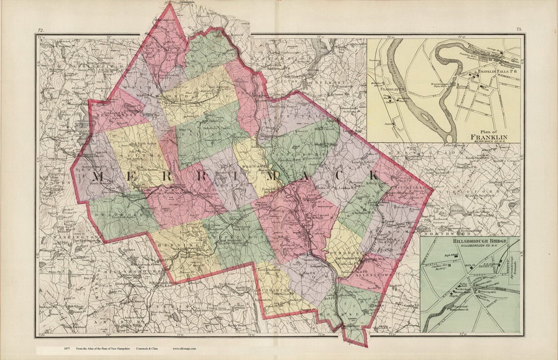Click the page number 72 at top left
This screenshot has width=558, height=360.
(x=41, y=31)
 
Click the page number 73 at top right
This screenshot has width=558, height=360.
(x=519, y=30)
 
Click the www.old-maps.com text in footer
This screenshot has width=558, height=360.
(x=184, y=349)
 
